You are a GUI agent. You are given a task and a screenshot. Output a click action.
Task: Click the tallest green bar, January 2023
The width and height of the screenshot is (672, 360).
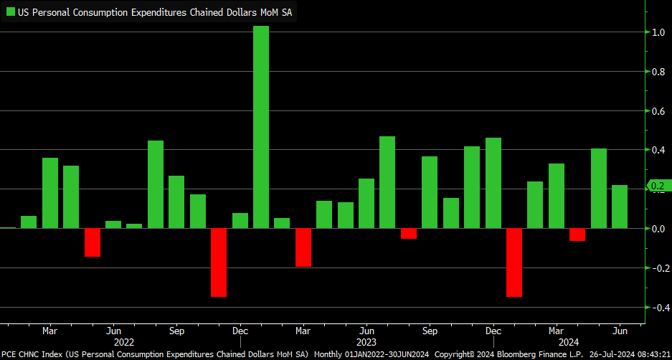[x=261, y=127]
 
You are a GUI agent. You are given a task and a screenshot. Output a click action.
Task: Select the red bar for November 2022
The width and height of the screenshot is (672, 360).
[x=219, y=262]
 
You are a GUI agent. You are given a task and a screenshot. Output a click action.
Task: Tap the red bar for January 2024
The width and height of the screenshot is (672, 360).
[x=514, y=262]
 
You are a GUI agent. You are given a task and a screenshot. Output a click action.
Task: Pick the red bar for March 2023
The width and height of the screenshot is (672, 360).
[x=303, y=247]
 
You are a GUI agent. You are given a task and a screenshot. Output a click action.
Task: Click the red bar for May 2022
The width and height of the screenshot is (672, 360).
[x=93, y=242]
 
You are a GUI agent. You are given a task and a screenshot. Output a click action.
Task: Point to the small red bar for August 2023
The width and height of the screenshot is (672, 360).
[x=409, y=234]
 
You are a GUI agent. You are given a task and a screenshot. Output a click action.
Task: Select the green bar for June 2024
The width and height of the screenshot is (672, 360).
[x=620, y=207]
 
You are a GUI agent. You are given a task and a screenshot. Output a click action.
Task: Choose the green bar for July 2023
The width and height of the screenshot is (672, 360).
[x=387, y=182]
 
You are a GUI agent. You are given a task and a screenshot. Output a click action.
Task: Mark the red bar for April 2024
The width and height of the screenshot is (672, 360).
[x=577, y=235]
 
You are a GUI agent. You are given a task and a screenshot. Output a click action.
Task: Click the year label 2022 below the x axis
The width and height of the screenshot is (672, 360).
[x=124, y=343]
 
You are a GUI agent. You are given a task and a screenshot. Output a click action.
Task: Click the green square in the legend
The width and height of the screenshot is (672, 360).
[x=11, y=12]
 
